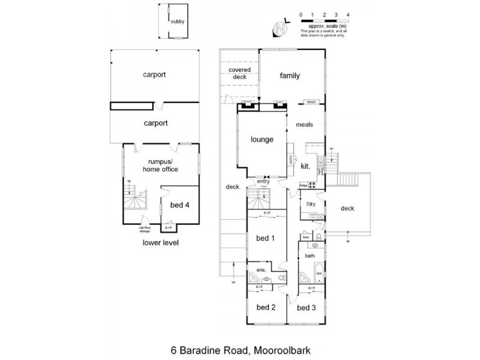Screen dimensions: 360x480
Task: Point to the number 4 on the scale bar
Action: [348, 13]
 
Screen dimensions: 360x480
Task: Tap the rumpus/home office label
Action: [161, 165]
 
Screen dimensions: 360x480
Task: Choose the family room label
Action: [290, 76]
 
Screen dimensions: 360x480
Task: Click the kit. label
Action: [305, 166]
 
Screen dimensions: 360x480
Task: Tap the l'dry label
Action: [311, 205]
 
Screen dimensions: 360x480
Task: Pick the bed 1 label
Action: [265, 238]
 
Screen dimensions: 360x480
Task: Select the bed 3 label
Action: [305, 307]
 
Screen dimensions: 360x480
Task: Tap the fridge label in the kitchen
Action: [304, 187]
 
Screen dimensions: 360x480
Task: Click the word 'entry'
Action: [263, 181]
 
